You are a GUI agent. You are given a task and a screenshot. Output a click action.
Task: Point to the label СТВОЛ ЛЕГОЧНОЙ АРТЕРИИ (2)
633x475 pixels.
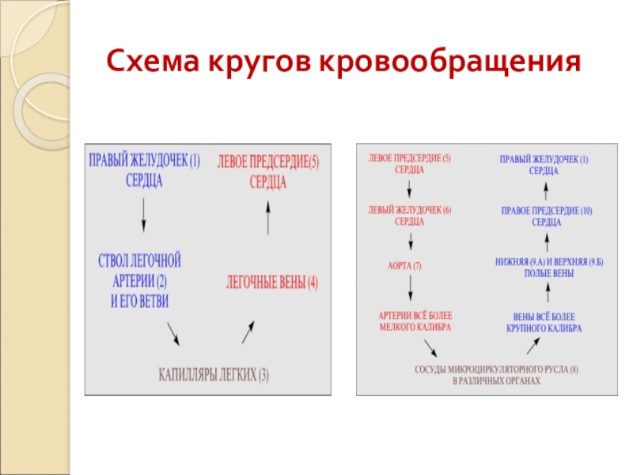point(139,279)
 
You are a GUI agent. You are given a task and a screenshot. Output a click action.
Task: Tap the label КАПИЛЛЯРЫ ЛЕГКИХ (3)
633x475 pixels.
point(214,374)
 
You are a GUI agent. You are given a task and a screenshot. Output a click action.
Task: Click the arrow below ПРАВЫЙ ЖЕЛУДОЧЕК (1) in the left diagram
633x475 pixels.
point(143,212)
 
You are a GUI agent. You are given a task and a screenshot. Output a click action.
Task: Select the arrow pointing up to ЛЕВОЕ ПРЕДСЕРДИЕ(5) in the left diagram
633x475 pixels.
point(268,217)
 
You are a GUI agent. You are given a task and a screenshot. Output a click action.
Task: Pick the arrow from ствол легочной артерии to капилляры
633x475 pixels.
point(172,333)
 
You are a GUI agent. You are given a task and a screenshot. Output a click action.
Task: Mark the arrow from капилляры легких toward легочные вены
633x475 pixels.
point(248,332)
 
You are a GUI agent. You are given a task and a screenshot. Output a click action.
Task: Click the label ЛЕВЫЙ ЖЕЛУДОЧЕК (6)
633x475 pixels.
point(409,216)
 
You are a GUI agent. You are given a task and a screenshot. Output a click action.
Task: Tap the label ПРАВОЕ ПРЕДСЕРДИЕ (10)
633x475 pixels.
point(546,216)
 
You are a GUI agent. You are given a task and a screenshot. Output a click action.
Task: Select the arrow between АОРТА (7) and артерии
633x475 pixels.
point(409,291)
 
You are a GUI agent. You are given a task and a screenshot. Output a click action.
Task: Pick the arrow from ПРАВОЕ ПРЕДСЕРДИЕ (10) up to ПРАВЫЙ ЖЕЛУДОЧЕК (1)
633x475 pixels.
point(546,190)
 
